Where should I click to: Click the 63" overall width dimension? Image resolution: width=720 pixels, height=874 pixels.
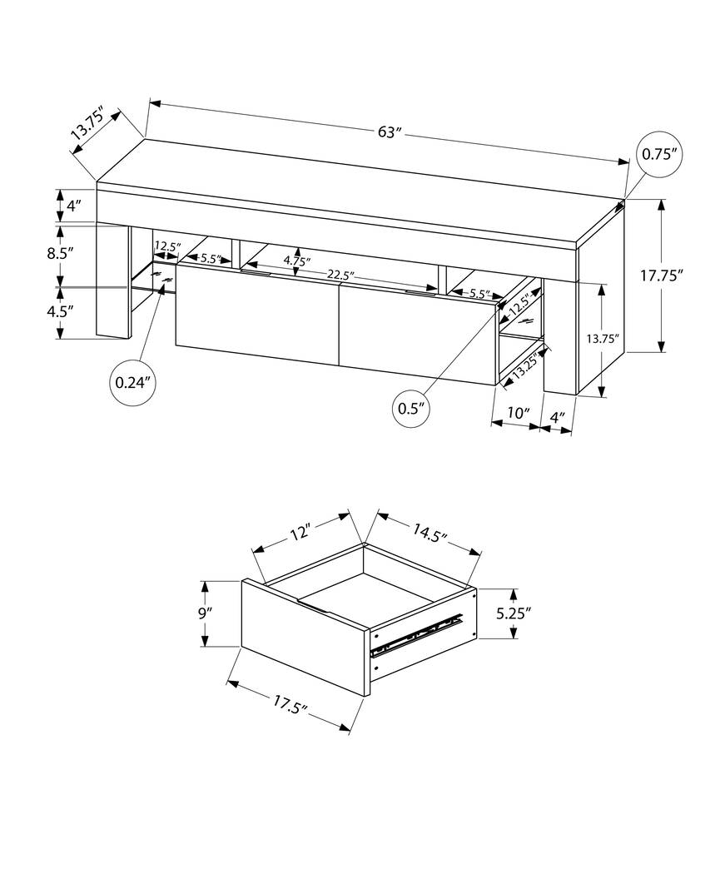tap(389, 132)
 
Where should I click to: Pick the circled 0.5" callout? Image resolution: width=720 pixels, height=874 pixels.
tap(412, 408)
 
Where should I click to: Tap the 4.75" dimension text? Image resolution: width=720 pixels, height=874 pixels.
tap(296, 260)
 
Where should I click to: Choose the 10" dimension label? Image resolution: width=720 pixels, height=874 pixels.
tap(518, 413)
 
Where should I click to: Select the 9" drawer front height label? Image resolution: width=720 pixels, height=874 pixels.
tap(206, 613)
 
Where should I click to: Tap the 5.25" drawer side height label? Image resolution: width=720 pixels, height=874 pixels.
tap(514, 613)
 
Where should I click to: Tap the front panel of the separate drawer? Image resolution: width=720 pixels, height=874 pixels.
tap(305, 637)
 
